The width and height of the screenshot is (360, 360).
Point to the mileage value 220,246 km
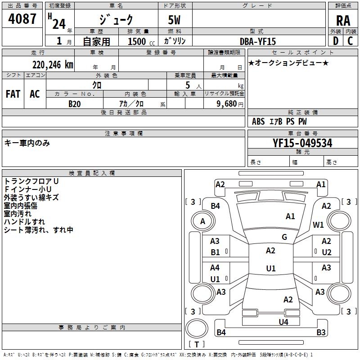[53, 65]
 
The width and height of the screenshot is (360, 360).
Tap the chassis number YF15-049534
[302, 143]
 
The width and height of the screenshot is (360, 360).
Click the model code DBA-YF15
[258, 41]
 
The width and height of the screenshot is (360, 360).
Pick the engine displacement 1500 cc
[139, 41]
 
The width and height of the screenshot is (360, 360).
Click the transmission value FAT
[13, 94]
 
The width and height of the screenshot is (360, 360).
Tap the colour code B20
[74, 103]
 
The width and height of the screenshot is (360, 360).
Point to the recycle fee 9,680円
[229, 104]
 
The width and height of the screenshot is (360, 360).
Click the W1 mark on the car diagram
[319, 225]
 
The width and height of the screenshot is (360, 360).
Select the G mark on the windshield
[284, 237]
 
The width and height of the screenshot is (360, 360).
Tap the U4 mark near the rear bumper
[283, 322]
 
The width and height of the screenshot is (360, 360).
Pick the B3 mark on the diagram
[321, 333]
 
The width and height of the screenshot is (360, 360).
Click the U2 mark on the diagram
[326, 252]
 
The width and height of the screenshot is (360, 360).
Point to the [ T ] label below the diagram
[197, 344]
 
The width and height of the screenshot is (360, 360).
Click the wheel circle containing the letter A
[202, 221]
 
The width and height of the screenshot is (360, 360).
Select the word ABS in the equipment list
[258, 121]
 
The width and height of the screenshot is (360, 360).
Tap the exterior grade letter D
[335, 41]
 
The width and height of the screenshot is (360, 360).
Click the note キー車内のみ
[27, 143]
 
